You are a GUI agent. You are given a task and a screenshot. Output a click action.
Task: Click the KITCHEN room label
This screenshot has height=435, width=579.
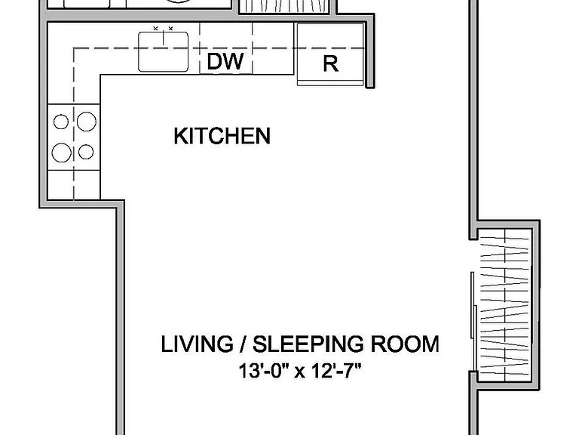(222, 136)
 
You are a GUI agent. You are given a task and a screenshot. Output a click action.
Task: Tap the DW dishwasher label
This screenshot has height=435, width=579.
(225, 61)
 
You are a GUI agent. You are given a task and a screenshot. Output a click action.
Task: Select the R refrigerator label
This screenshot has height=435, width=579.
(330, 63)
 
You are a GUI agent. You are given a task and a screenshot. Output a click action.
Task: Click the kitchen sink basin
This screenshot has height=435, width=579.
(163, 51)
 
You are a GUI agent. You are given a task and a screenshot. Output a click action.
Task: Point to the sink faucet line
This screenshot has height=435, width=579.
(163, 38)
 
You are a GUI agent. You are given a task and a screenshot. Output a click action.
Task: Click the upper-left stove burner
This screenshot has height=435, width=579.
(61, 122)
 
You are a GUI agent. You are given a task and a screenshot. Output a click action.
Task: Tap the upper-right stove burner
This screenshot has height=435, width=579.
(87, 122)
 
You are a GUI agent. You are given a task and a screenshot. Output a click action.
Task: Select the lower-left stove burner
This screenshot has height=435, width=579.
(61, 153)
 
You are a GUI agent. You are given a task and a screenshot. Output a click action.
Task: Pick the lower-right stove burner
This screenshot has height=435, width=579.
(86, 152)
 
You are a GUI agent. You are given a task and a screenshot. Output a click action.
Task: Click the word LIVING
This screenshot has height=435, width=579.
(198, 344)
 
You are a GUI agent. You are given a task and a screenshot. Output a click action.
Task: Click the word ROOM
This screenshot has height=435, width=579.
(405, 344)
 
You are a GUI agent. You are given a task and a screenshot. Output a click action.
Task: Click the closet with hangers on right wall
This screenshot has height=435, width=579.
(505, 305)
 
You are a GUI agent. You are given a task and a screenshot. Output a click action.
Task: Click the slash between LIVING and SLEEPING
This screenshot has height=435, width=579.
(243, 344)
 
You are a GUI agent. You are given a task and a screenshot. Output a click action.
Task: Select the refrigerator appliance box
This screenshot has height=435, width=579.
(330, 54)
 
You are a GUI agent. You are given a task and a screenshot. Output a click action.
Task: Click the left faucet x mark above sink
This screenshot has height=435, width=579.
(155, 28)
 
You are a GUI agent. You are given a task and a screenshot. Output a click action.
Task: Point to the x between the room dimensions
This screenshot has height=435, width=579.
(300, 372)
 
